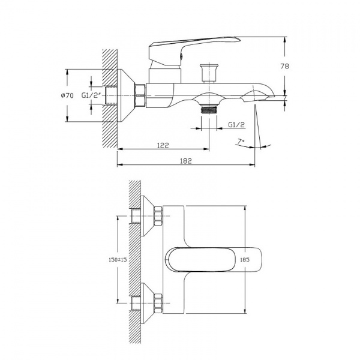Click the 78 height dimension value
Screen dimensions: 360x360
284,66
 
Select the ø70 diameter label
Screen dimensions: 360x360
67,95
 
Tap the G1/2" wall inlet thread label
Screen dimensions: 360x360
91,95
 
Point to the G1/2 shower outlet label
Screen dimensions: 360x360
236,125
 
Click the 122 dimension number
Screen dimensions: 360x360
163,145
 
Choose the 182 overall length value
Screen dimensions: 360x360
185,161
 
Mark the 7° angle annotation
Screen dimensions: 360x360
241,141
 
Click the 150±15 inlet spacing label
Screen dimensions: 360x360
118,260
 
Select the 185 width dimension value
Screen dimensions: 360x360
245,260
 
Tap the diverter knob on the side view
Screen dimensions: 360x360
209,73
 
